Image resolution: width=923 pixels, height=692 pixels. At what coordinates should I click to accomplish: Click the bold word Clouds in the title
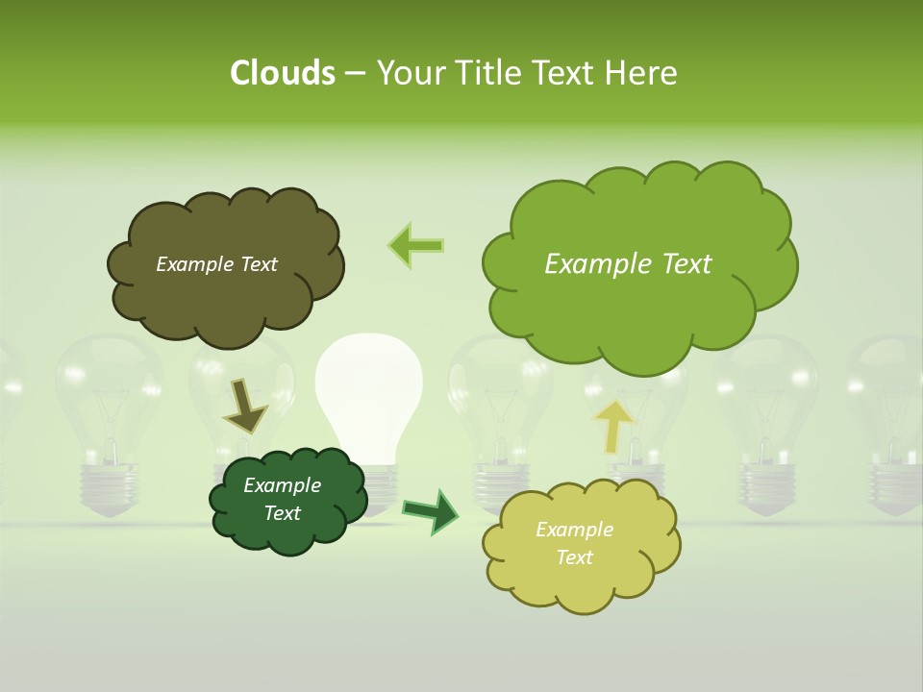click(x=282, y=73)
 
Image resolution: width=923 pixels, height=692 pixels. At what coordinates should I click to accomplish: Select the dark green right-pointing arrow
click(x=431, y=510)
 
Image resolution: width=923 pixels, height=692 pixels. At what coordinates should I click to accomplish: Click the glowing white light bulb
click(x=369, y=384)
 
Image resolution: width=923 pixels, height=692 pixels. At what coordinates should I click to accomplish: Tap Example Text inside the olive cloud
click(x=216, y=264)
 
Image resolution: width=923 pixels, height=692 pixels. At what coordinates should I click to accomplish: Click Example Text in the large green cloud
click(x=628, y=264)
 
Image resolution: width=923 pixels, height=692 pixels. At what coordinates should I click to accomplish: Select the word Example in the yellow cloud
click(x=574, y=530)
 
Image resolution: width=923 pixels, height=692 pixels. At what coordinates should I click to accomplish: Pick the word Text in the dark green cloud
click(x=283, y=513)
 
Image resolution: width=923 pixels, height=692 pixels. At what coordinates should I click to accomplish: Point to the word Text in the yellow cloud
click(x=575, y=557)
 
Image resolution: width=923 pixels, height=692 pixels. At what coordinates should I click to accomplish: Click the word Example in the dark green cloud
click(x=282, y=485)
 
